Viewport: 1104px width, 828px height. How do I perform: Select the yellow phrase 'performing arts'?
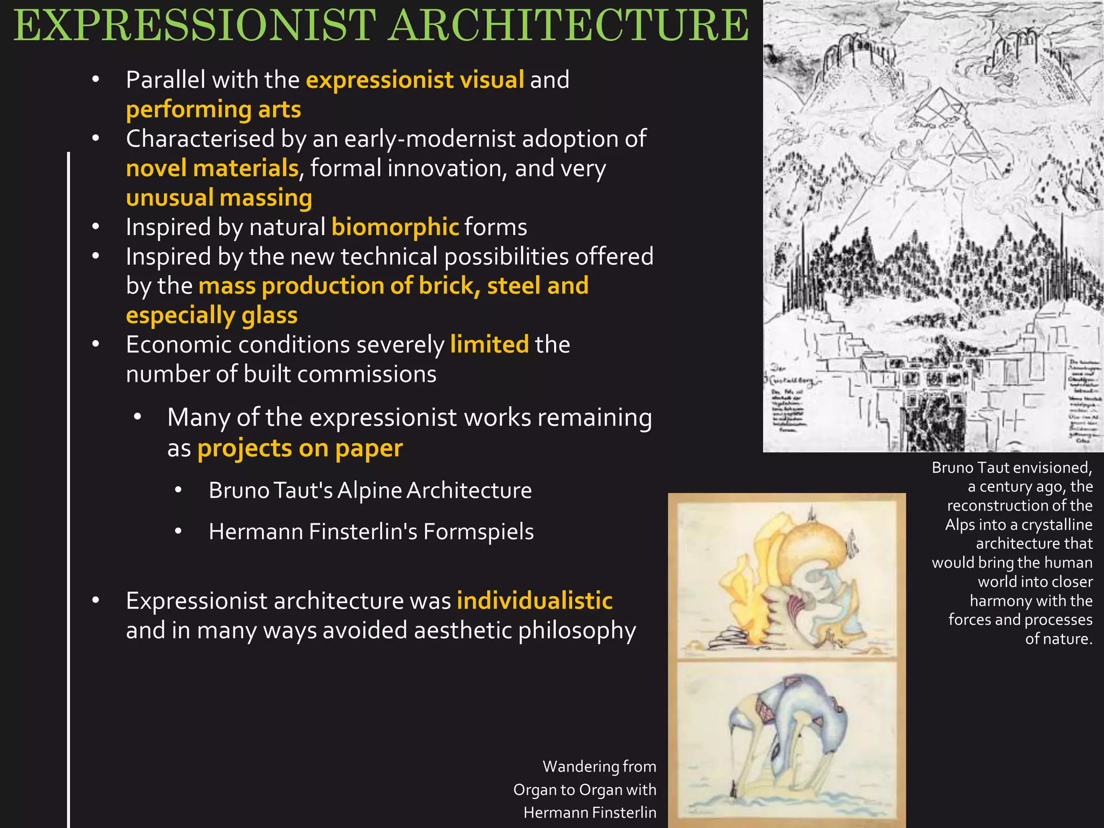[x=213, y=109]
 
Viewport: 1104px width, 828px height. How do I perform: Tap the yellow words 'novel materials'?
[x=212, y=168]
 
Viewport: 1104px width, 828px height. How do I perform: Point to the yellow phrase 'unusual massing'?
[x=219, y=198]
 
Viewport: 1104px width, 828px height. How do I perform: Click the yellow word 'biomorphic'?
[x=395, y=227]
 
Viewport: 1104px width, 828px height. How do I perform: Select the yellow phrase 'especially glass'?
[x=211, y=315]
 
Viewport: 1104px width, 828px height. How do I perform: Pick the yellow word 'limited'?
[x=489, y=344]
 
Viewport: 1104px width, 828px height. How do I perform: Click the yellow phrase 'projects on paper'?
[x=300, y=448]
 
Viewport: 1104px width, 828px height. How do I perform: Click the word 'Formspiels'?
[x=478, y=532]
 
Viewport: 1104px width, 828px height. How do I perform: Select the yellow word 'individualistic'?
[x=534, y=601]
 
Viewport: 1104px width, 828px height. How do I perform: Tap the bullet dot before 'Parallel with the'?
[x=96, y=80]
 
